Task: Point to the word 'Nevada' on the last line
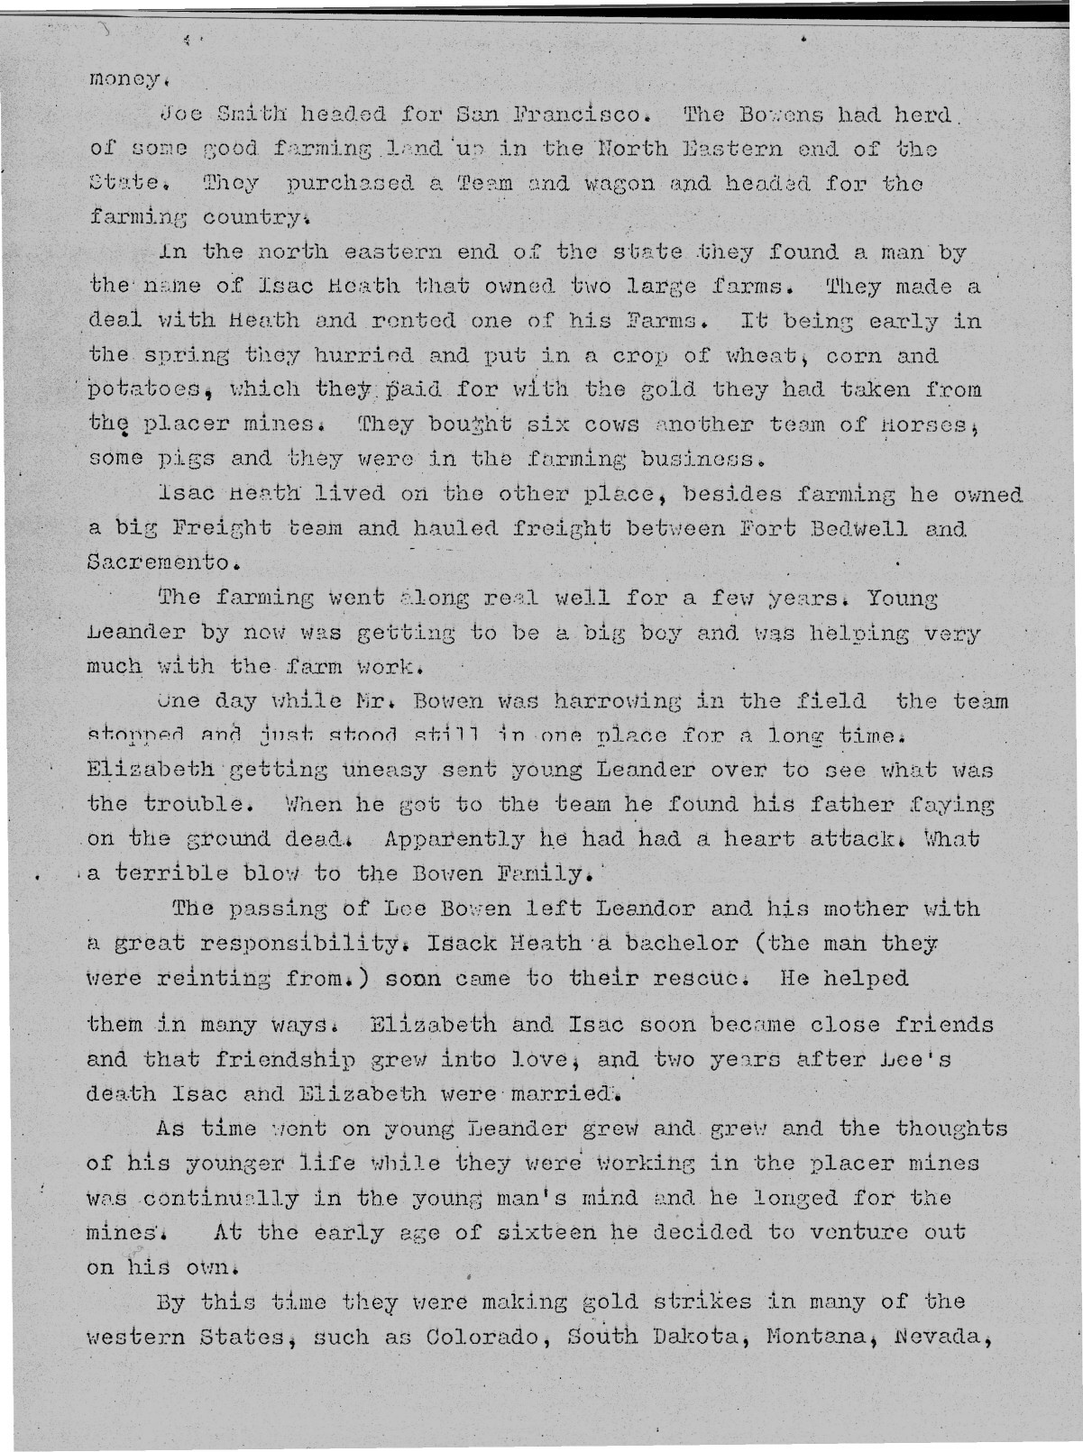coord(950,1337)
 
